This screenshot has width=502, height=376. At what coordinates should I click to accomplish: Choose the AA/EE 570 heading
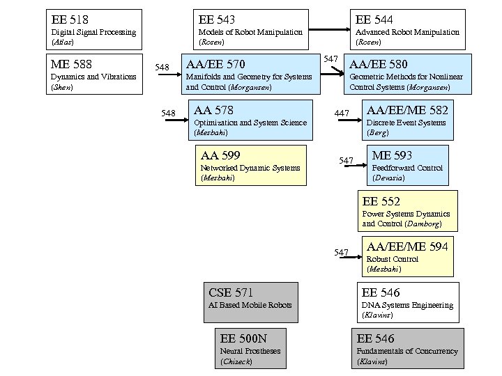[x=215, y=65]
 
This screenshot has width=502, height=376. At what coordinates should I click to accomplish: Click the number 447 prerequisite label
[x=342, y=113]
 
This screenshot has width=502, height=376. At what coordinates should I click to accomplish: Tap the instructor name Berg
[x=377, y=132]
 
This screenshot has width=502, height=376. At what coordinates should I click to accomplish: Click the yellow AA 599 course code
[x=220, y=155]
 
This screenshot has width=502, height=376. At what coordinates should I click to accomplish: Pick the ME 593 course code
[x=392, y=155]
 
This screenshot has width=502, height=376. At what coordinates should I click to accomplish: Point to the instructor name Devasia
[x=388, y=178]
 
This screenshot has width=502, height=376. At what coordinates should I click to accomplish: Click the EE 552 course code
[x=381, y=201]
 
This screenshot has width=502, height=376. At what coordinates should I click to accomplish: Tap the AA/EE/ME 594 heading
[x=407, y=246]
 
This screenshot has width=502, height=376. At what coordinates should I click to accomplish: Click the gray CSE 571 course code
[x=231, y=292]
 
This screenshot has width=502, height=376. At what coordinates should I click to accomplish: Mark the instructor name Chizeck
[x=236, y=361]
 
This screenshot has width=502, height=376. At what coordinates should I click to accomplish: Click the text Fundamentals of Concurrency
[x=407, y=351]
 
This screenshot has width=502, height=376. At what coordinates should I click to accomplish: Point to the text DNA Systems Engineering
[x=407, y=305]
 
